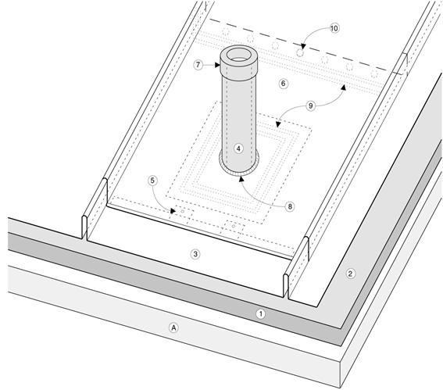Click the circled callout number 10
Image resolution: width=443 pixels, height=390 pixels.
(x=334, y=28)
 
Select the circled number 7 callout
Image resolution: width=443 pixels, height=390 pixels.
(x=198, y=65)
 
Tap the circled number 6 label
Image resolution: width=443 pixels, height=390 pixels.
(x=284, y=84)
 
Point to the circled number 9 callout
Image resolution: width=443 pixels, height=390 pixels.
(x=311, y=106)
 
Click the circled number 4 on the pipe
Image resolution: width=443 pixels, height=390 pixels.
(x=239, y=148)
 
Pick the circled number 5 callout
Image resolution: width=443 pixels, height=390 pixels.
(x=152, y=181)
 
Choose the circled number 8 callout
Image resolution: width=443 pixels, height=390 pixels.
(x=290, y=206)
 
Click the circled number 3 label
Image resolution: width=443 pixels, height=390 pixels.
(x=195, y=254)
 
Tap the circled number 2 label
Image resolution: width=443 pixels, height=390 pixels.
(x=350, y=274)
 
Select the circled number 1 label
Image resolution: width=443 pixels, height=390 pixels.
(x=260, y=313)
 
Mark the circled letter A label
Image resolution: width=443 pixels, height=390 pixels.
(x=173, y=327)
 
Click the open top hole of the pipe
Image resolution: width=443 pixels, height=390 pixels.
(x=239, y=55)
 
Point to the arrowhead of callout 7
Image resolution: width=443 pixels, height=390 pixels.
(x=217, y=65)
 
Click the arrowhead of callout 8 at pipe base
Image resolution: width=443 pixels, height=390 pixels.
(x=241, y=179)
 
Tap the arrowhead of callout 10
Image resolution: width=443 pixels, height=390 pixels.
(x=303, y=46)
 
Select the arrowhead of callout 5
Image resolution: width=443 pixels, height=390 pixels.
(x=173, y=211)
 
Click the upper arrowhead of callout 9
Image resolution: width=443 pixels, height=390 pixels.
(x=343, y=87)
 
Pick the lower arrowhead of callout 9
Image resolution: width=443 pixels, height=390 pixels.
(x=278, y=124)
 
